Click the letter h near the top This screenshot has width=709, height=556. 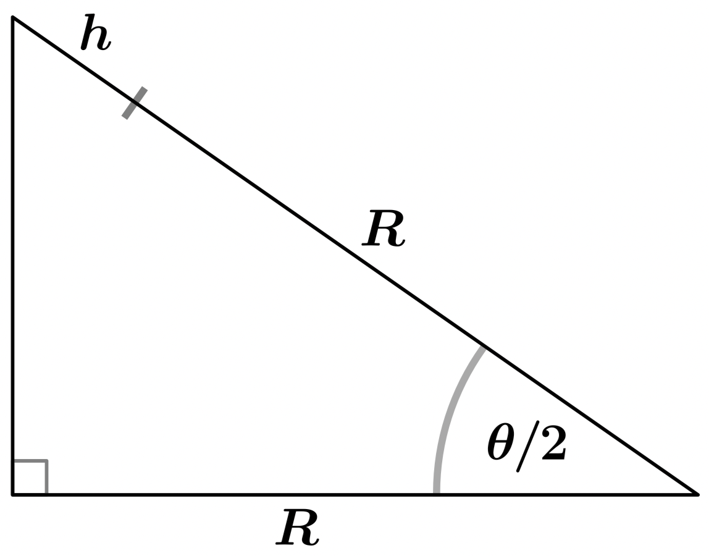[95, 32]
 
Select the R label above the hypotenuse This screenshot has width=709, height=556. [384, 228]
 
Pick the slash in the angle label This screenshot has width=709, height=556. [527, 446]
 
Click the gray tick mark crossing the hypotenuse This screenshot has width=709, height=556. [135, 103]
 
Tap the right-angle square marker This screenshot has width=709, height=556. [30, 478]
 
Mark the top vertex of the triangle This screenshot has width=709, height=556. [13, 18]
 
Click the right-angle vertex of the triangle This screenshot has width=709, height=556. [13, 494]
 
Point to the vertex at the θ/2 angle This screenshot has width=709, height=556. [697, 494]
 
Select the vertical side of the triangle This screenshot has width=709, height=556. [13, 256]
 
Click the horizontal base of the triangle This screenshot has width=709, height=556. [355, 494]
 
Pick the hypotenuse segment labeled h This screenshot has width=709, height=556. [73, 60]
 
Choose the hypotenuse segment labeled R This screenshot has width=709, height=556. [416, 298]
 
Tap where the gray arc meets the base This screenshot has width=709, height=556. [437, 494]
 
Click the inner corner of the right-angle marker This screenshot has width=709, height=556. [46, 461]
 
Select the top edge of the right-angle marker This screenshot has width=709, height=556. [30, 461]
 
